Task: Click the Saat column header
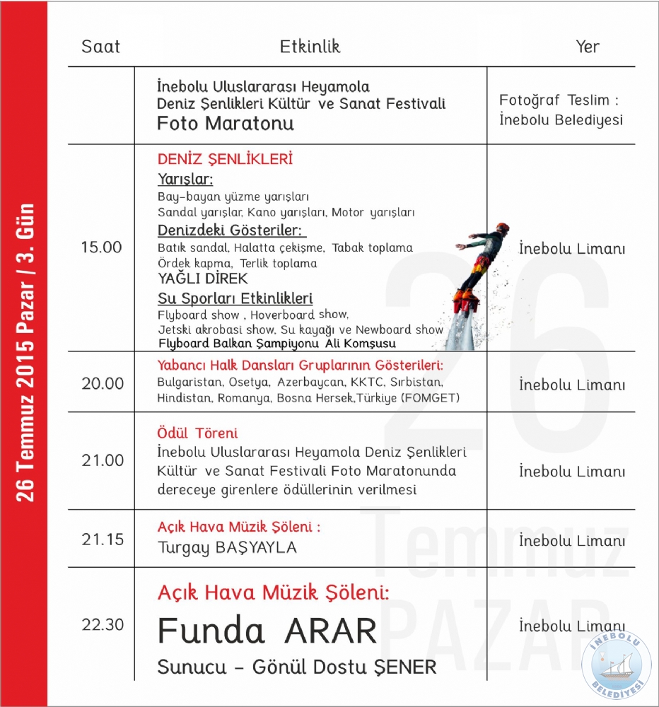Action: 101,47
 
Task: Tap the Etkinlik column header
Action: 310,47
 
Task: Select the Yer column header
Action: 587,47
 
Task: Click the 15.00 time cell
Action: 101,248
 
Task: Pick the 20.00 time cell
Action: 102,384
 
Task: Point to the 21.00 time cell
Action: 102,461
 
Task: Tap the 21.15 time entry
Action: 102,539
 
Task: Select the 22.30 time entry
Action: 102,625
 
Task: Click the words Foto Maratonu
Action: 226,124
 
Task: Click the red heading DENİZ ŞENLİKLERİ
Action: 225,159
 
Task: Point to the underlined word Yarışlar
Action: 185,179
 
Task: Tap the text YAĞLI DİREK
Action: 203,279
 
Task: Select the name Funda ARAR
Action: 267,631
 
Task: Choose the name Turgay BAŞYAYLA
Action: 227,548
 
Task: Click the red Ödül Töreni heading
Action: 197,433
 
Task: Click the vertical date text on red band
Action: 25,353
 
